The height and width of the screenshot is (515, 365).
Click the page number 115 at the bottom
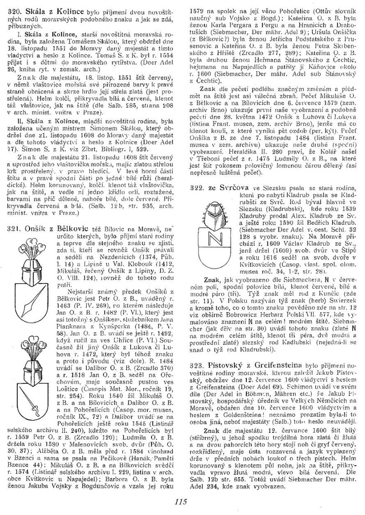(x=181, y=502)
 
